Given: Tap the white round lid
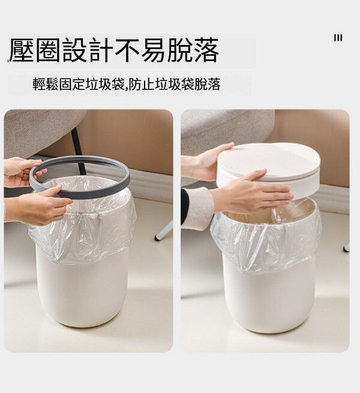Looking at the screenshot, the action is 268,163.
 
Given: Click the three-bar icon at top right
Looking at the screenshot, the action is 338,38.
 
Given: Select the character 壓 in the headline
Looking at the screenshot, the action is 21,50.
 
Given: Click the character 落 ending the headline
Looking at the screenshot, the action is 206,50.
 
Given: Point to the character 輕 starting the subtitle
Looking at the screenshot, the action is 39,84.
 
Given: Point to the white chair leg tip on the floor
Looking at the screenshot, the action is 157,238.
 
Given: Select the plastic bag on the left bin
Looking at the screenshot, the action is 83,226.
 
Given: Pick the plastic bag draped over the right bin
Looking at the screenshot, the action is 266,241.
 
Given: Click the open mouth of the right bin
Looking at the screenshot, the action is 271,213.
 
